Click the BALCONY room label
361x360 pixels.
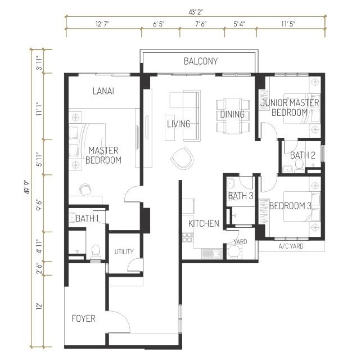click(201, 61)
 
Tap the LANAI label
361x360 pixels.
click(103, 91)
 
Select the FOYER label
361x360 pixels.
click(83, 318)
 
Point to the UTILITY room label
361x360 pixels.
click(124, 251)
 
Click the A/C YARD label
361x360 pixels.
click(291, 246)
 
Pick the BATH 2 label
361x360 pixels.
click(303, 155)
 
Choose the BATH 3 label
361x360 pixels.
click(241, 196)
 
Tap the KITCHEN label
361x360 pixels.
click(204, 223)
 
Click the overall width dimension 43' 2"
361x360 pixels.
click(195, 12)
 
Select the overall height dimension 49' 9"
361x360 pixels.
click(28, 187)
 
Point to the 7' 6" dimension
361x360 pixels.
click(201, 24)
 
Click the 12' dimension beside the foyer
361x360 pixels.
click(39, 307)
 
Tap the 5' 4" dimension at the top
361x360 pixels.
click(239, 24)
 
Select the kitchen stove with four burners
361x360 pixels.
click(188, 237)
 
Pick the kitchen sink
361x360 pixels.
click(211, 254)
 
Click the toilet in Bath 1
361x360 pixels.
click(96, 251)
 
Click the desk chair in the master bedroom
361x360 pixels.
click(85, 190)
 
